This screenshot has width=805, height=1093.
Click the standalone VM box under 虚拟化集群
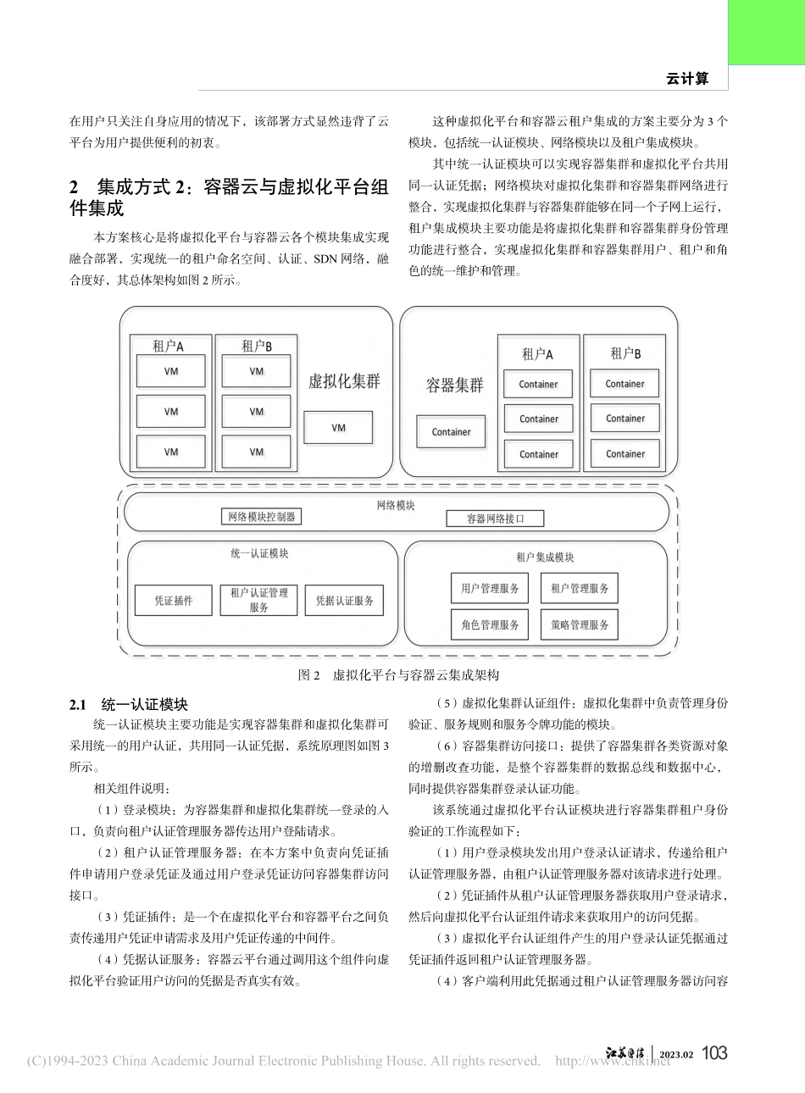pos(338,428)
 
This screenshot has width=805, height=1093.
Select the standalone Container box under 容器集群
pos(451,432)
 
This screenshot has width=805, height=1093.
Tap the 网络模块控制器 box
pos(262,516)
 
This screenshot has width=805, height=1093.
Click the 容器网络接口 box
pos(495,519)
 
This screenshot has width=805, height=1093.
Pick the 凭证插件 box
pos(173,601)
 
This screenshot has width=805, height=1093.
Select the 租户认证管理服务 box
pos(258,600)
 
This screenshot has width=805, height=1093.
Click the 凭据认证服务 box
pos(344,601)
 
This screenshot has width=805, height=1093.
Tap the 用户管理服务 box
pos(490,588)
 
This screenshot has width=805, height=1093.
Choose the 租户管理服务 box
pos(580,588)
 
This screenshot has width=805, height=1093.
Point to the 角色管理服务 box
pos(490,625)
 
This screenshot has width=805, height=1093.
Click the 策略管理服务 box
pos(580,625)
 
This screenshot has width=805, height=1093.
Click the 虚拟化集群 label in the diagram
pos(344,381)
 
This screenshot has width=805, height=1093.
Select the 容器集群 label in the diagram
pos(454,386)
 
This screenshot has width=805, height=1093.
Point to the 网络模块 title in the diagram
pos(395,505)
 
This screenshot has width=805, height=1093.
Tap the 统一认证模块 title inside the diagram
pos(259,553)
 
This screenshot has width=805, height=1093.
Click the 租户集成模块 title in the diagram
pos(545,558)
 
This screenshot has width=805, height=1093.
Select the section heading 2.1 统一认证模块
pos(129,704)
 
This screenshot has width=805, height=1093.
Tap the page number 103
pos(715,1053)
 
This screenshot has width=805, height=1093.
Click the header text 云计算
pos(686,79)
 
